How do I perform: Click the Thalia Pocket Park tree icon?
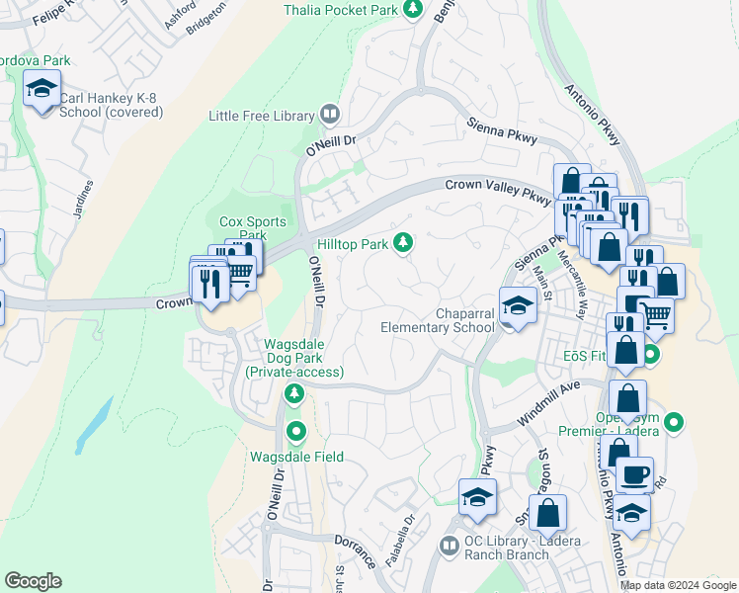[414, 10]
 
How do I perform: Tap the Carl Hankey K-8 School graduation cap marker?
[42, 91]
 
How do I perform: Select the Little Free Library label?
[261, 116]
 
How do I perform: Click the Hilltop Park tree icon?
[402, 242]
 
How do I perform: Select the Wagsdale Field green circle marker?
[295, 432]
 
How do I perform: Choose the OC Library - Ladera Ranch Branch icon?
[450, 545]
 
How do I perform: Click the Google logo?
[33, 581]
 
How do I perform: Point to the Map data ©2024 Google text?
[678, 585]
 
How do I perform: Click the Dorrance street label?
[354, 551]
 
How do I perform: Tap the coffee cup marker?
[635, 474]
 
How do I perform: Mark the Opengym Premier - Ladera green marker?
[674, 423]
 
